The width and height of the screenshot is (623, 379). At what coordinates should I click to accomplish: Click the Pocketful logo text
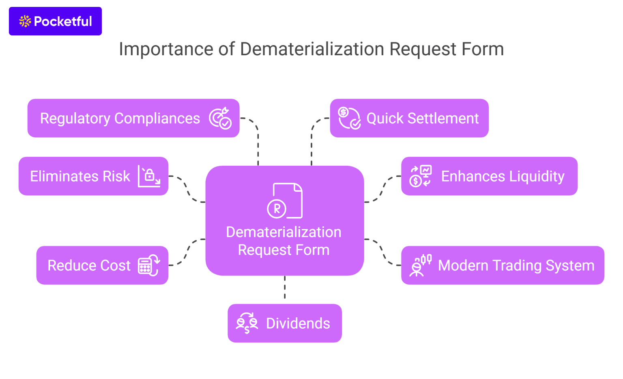(x=63, y=21)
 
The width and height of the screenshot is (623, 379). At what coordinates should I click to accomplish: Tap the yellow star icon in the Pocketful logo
(x=25, y=21)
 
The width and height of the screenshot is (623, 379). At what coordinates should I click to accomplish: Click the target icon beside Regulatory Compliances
(x=220, y=118)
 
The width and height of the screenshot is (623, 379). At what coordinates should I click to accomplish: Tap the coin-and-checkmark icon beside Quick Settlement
(x=349, y=118)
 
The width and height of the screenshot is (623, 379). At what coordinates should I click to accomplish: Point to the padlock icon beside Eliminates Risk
(x=149, y=176)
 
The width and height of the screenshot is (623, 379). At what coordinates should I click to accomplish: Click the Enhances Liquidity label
(x=503, y=176)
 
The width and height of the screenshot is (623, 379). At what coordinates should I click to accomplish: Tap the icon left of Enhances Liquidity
(x=420, y=176)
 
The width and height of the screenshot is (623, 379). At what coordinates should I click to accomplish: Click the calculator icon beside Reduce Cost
(x=149, y=265)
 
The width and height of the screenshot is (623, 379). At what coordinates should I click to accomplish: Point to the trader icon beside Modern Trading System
(x=420, y=265)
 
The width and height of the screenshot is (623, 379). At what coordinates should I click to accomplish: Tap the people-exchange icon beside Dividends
(x=247, y=323)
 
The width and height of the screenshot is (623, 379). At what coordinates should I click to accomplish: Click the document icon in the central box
(x=285, y=201)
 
